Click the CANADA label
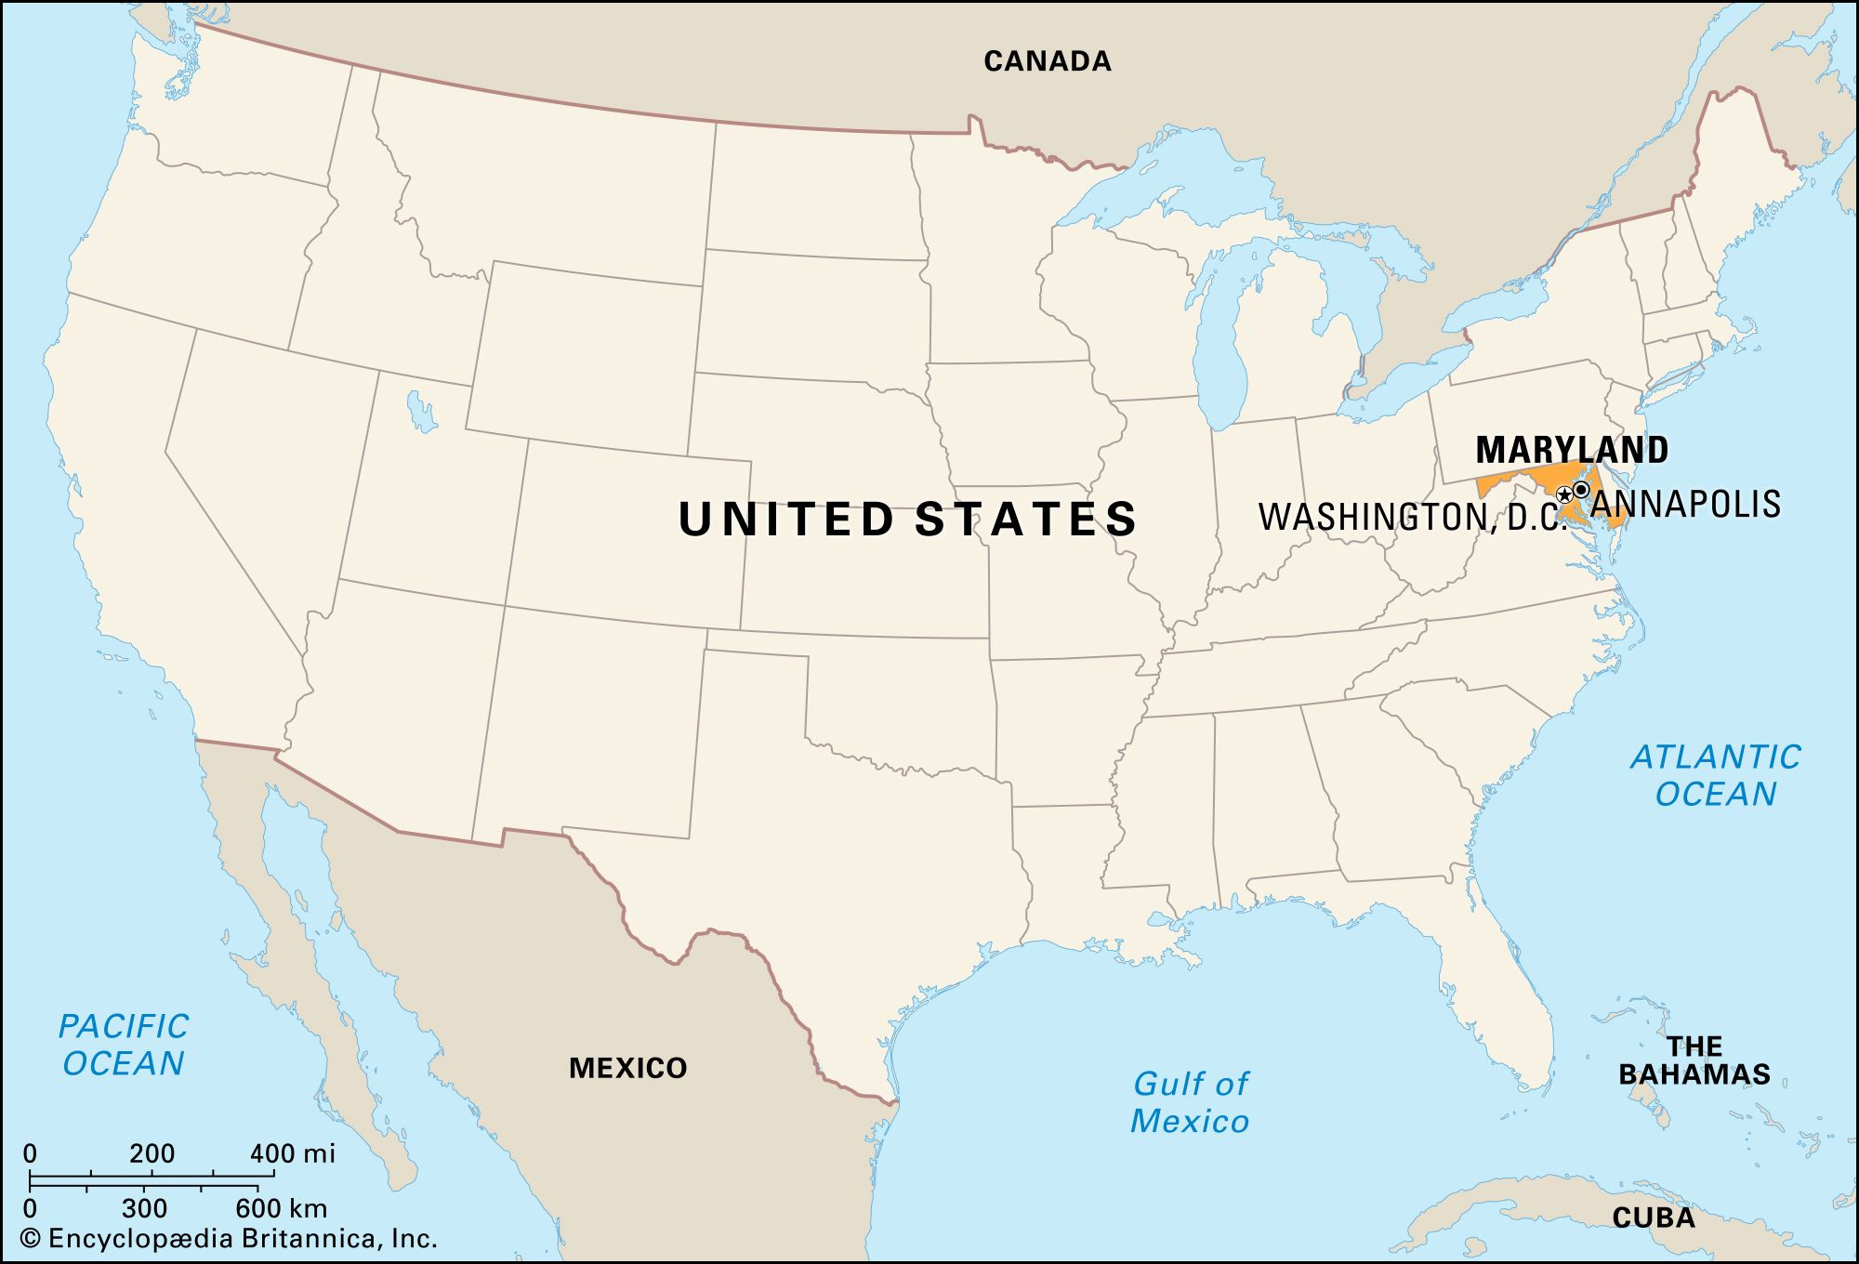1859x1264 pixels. coord(1048,61)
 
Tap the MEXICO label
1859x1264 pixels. coord(627,1068)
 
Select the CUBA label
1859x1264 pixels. coord(1653,1218)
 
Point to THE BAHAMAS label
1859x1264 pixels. coord(1694,1060)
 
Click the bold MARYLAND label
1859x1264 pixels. coord(1572,450)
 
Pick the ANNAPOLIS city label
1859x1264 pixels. coord(1685,504)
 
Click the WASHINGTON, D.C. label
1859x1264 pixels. coord(1411,517)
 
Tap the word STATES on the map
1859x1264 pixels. coord(1026,519)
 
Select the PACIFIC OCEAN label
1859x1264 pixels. coord(124,1045)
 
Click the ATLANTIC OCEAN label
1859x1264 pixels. coord(1716,775)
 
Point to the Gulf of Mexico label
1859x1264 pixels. coord(1190,1102)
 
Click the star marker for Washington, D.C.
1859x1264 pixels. coord(1564,494)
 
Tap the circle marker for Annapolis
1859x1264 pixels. coord(1581,489)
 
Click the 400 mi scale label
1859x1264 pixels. coord(292,1154)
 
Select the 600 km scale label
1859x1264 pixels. coord(281,1208)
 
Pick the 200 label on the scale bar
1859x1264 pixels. coord(152,1154)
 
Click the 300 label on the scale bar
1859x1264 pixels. coord(144,1208)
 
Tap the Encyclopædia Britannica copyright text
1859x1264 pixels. coord(229,1238)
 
